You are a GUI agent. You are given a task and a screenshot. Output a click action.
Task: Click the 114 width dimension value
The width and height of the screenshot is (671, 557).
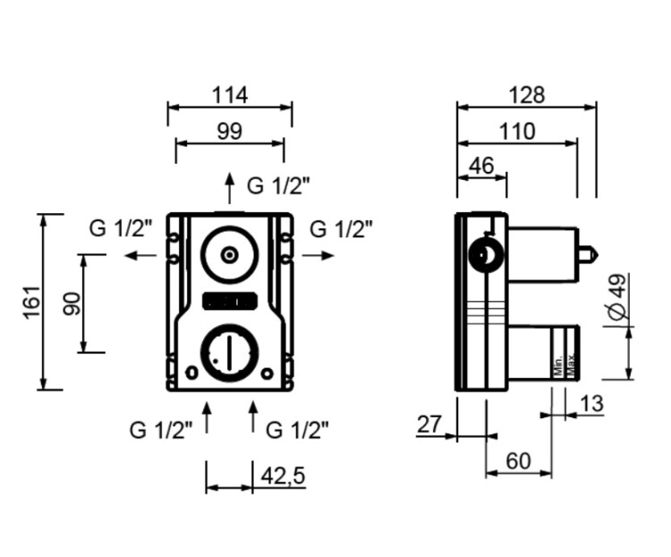[x=230, y=94]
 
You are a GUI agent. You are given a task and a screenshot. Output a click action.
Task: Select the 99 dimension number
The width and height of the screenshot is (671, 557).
[x=230, y=131]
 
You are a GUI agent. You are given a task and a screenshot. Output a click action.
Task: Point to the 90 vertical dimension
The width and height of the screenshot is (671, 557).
[x=72, y=303]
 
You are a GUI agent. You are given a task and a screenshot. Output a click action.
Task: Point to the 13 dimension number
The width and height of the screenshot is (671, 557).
[x=591, y=404]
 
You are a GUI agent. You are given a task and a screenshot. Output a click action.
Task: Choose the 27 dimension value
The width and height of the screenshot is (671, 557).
[x=429, y=424]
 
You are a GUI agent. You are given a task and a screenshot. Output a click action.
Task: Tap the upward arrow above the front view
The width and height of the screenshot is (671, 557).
[x=230, y=189]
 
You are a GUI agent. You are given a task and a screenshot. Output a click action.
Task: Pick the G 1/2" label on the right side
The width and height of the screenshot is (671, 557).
[x=341, y=229]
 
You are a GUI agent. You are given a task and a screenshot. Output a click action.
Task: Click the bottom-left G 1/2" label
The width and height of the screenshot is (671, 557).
[x=162, y=430]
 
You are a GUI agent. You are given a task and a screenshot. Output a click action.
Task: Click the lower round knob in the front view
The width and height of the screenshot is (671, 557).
[x=230, y=351]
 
